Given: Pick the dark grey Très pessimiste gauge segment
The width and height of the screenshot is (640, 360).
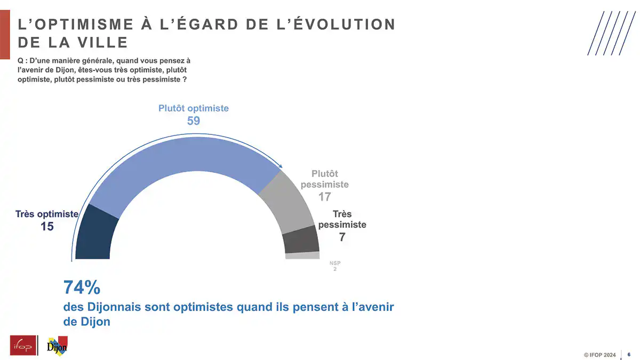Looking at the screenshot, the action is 301,239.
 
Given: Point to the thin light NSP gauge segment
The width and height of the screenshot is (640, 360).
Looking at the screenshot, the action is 302,255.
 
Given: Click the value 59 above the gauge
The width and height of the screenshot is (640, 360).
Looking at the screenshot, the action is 194,121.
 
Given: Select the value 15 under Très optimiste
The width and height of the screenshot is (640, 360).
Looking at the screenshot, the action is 47,227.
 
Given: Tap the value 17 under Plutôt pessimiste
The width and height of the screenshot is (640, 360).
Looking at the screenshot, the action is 325,197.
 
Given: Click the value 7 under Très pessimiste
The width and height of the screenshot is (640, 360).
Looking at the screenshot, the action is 342,237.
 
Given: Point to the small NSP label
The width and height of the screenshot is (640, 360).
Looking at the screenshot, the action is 335,263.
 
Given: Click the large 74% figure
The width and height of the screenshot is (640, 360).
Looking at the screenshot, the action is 82,287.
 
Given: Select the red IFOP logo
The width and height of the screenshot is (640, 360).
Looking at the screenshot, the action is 23,345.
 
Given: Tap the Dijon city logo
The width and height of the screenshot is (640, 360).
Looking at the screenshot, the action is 57,346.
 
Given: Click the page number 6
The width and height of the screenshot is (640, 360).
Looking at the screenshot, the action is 629,355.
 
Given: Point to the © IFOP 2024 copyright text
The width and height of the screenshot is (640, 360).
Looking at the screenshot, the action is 599,355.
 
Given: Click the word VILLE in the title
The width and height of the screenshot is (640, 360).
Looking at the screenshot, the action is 102,43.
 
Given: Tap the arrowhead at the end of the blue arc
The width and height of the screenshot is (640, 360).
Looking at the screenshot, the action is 281,166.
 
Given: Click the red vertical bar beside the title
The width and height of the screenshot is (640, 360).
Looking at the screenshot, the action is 5,35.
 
